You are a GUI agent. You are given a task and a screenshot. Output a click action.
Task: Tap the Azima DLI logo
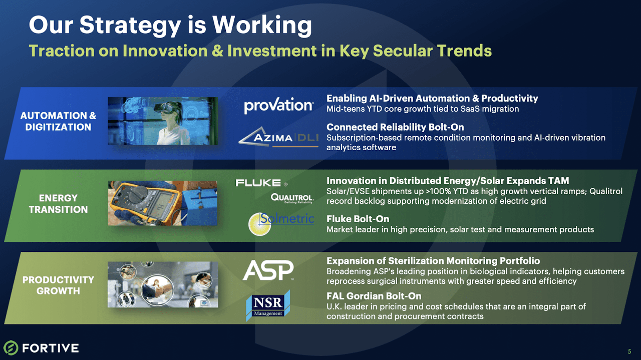[278, 137]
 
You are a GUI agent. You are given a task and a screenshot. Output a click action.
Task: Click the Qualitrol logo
[292, 198]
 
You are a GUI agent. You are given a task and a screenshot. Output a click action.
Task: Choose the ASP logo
[268, 270]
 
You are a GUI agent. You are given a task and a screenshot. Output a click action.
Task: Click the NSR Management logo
[268, 305]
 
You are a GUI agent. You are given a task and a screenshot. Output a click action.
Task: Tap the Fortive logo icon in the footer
[11, 347]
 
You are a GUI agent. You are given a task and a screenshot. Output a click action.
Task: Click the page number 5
[629, 351]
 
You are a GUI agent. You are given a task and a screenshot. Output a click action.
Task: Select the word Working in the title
[262, 25]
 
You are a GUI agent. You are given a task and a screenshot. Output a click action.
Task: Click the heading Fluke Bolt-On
[358, 219]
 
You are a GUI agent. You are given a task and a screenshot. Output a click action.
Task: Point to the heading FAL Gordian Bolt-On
[374, 296]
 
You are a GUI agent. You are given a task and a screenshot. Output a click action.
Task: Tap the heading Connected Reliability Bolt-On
[395, 127]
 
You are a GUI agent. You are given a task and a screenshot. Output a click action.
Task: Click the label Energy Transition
[58, 204]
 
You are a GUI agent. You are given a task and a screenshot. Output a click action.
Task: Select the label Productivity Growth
[58, 285]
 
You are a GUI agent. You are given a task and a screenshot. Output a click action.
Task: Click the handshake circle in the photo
[157, 290]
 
